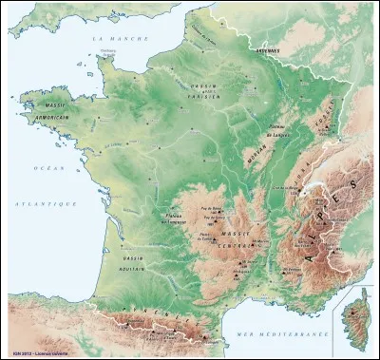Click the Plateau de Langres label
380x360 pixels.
(275, 135)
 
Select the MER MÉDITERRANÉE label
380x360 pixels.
(275, 335)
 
